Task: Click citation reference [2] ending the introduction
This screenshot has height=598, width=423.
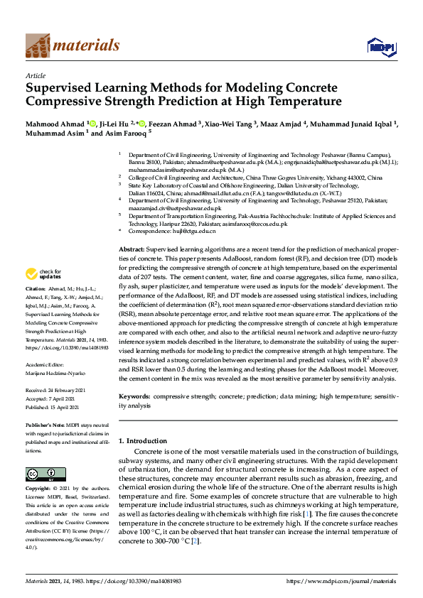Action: click(196, 542)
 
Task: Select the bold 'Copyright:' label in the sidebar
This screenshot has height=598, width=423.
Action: click(38, 489)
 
